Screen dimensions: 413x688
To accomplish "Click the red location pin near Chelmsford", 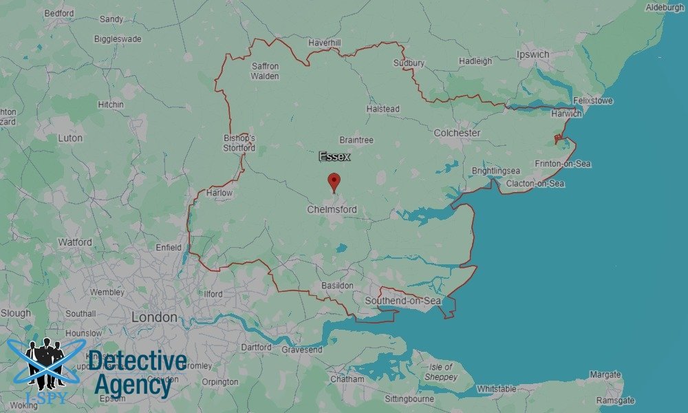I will click(334, 182).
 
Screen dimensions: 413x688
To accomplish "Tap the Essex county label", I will click(334, 157).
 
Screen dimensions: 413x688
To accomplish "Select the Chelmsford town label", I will click(332, 209).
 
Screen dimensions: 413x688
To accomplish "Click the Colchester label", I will click(457, 133).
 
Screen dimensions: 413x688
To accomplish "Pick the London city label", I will click(154, 318).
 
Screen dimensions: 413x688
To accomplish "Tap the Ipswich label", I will click(533, 54).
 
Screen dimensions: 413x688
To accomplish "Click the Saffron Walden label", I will click(265, 71).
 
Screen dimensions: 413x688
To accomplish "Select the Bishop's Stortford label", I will click(239, 142).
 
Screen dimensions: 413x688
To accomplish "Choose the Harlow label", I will click(219, 193).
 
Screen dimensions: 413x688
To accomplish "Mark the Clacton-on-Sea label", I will click(535, 184).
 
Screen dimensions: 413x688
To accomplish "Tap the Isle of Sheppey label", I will click(440, 372).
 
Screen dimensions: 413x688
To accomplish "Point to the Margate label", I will click(605, 375).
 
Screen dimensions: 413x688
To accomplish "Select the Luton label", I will click(70, 138).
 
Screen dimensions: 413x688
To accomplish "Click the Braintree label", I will click(356, 140).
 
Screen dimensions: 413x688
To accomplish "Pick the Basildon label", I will click(337, 285).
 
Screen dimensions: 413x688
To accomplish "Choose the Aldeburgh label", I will click(665, 8).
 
